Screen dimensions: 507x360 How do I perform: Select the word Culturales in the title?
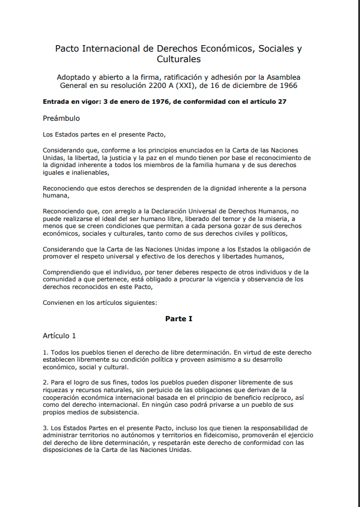(x=179, y=59)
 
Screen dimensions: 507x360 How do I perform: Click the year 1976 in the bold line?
(x=147, y=101)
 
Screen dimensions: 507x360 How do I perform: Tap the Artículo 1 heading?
(x=59, y=336)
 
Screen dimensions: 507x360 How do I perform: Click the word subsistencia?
(x=116, y=413)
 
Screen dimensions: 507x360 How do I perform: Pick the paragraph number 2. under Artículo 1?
(x=45, y=382)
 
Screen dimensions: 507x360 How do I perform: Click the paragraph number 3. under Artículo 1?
(x=45, y=428)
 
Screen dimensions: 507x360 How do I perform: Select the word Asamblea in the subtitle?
(x=284, y=77)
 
